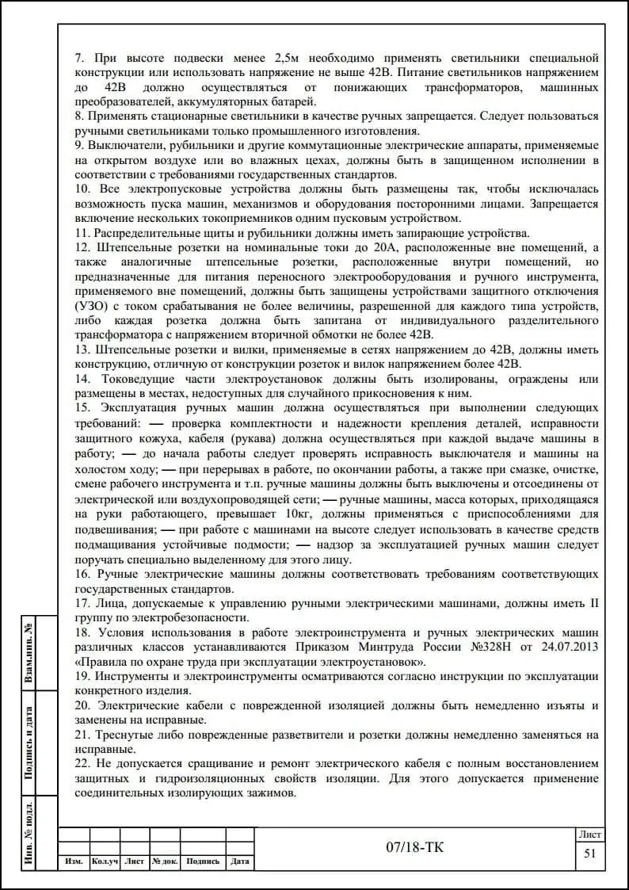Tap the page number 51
tap(589, 854)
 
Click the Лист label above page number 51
tap(589, 834)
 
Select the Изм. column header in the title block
tap(74, 861)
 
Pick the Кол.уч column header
tap(105, 861)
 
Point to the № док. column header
tap(165, 861)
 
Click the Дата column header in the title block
tap(240, 861)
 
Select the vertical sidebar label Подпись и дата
tap(29, 743)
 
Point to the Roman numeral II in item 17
tap(593, 604)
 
